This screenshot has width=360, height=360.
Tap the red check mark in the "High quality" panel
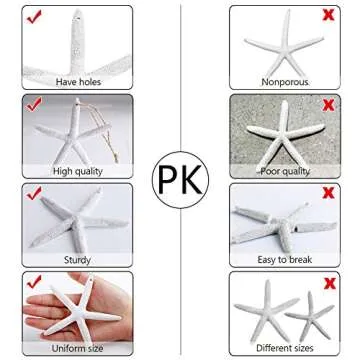pos(33,104)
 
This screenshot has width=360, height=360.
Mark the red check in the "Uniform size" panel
pos(33,282)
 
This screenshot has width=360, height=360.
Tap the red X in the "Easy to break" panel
pos(328,193)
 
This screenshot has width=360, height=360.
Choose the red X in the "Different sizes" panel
pos(328,282)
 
